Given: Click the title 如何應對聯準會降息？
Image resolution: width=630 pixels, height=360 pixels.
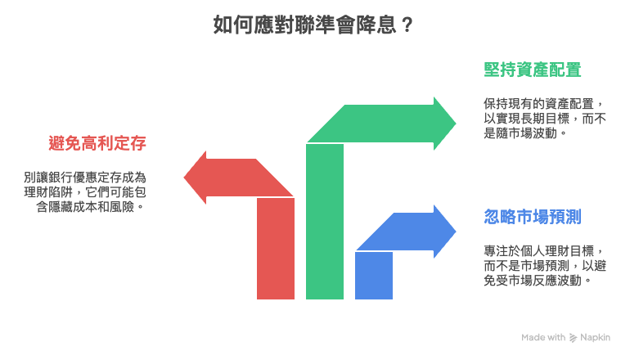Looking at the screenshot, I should (313, 25).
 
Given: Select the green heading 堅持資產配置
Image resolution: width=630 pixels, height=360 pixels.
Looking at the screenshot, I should (533, 70).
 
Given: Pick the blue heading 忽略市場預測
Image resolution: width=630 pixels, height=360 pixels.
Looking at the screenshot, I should (533, 217).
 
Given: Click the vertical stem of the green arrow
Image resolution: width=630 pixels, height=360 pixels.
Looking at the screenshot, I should (325, 229).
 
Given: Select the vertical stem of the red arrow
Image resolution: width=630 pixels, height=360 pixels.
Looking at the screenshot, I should (276, 254).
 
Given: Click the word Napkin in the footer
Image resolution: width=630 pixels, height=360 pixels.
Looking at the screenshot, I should (595, 337).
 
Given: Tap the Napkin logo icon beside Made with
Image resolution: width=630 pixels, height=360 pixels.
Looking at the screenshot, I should (573, 337).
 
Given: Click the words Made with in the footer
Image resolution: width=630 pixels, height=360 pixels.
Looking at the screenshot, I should (544, 337).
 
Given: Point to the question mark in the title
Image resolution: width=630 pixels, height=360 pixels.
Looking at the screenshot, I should (407, 25).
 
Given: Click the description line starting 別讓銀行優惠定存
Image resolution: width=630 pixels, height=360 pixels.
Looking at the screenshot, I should (85, 177).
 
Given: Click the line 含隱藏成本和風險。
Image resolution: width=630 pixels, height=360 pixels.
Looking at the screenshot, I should (91, 207).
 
